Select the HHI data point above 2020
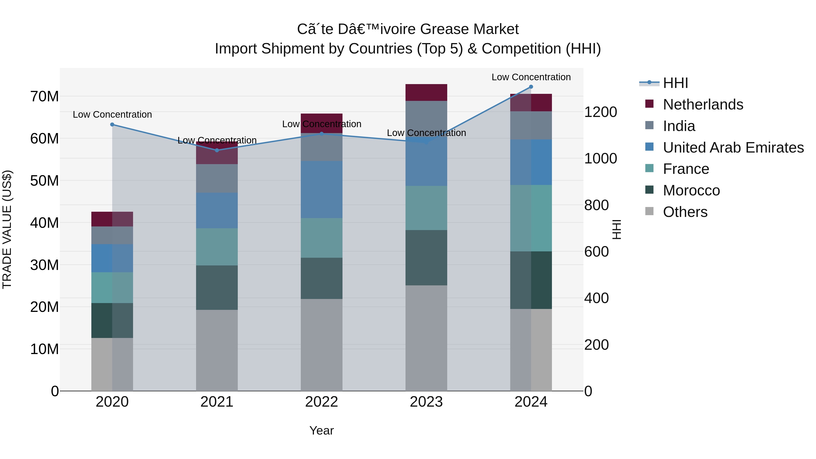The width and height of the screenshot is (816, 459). [112, 124]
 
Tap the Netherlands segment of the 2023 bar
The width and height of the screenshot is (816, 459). [426, 92]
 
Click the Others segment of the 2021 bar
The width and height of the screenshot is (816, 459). [217, 350]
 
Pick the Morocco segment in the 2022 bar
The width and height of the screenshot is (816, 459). [321, 278]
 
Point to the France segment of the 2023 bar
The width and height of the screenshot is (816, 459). [426, 208]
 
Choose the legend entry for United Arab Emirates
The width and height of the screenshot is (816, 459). [733, 148]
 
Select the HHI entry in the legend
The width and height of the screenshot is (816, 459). [675, 83]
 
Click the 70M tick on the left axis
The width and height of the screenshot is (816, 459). [44, 96]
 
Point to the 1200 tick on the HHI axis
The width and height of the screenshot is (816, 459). [600, 112]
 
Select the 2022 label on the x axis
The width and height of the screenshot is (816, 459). [321, 402]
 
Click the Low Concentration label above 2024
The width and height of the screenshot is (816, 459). [531, 77]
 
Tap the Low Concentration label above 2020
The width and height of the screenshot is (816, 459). [112, 114]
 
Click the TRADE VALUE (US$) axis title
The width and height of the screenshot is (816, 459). [7, 229]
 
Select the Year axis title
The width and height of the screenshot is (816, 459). [321, 430]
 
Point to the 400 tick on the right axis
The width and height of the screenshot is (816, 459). [596, 298]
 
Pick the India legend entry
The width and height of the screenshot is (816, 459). [679, 126]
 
